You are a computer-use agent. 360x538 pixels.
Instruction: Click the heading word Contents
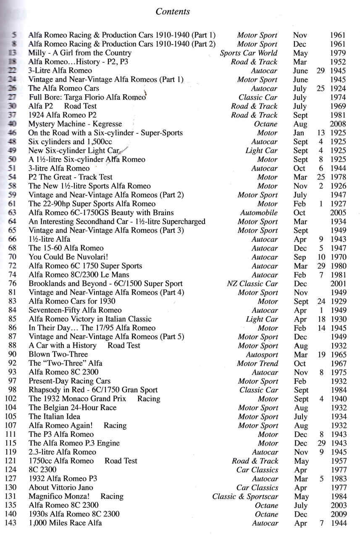[x=173, y=11]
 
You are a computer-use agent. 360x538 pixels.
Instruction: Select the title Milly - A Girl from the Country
[x=80, y=53]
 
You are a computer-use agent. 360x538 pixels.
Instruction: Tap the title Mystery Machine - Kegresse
[x=75, y=124]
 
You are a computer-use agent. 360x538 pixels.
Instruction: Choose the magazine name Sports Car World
[x=248, y=53]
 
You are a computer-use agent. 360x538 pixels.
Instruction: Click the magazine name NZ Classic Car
[x=252, y=283]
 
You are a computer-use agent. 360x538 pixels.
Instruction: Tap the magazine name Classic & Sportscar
[x=245, y=496]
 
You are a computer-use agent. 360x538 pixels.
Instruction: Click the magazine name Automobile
[x=259, y=213]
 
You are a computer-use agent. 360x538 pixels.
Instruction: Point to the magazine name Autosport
[x=262, y=354]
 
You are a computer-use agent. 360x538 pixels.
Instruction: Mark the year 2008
[x=338, y=124]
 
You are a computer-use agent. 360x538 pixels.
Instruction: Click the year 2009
[x=338, y=514]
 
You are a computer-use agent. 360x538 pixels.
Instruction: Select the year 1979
[x=338, y=53]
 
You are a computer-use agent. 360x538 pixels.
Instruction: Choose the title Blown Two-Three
[x=58, y=354]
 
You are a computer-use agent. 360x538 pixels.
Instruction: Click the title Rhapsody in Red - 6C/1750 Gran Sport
[x=93, y=390]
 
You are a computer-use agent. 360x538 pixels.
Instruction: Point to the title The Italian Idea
[x=55, y=417]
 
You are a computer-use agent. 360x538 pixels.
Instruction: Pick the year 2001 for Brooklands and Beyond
[x=338, y=283]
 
